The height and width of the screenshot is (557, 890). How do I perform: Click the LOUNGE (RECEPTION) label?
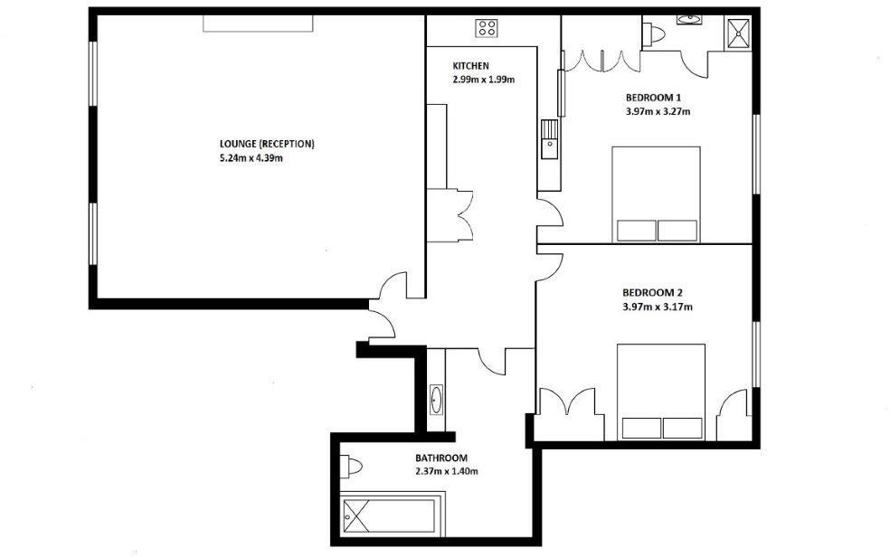[x=266, y=144]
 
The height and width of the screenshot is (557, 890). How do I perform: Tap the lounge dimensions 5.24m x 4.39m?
[x=251, y=159]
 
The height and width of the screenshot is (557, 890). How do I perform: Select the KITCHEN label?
[x=471, y=66]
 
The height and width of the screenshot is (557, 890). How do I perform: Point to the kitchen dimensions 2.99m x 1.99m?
[x=484, y=80]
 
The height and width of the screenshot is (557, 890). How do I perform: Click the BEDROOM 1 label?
[x=653, y=98]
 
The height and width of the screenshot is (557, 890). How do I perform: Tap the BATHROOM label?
[x=441, y=458]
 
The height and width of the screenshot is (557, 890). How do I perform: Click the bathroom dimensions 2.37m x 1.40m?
[x=447, y=471]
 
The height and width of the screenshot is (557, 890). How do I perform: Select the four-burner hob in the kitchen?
[x=488, y=28]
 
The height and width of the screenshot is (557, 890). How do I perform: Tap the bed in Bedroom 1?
[x=657, y=194]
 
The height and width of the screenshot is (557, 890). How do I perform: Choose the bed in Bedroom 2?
[x=660, y=392]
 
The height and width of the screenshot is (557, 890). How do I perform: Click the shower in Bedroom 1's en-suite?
[x=737, y=33]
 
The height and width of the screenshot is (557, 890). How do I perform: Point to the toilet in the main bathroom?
[x=351, y=466]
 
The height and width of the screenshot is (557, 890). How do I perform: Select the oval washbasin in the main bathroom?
[x=436, y=399]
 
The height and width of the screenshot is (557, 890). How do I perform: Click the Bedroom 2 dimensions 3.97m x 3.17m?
[x=658, y=307]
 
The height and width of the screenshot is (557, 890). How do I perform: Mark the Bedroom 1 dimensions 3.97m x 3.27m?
[x=658, y=112]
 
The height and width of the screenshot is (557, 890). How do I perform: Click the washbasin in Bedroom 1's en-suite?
[x=689, y=18]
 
